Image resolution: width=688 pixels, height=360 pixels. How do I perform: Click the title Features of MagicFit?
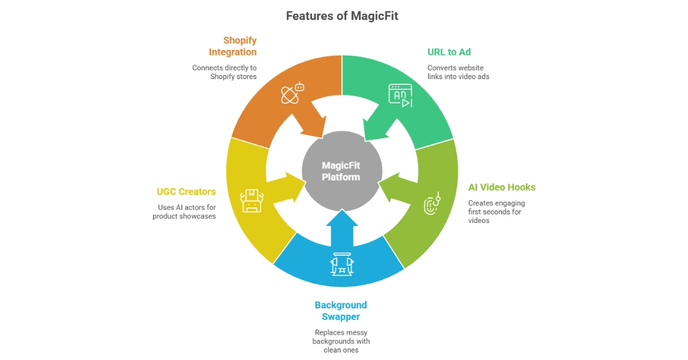coord(342,16)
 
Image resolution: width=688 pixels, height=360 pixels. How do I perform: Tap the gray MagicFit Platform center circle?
coord(341,171)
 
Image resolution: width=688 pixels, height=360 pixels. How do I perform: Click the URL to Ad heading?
coord(449,52)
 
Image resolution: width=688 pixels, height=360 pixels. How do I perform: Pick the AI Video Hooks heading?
coord(502,187)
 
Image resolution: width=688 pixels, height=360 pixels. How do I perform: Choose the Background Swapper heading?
coord(341,311)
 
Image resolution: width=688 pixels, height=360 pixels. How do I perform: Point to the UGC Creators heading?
coord(186,191)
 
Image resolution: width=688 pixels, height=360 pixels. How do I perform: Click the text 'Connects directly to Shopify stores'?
coord(224,72)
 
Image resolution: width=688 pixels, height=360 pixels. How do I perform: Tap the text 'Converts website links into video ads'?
coord(458,72)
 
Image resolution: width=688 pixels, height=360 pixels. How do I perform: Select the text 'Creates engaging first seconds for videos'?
coord(497,212)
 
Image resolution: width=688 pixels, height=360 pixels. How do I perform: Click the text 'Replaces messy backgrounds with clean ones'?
coord(341,341)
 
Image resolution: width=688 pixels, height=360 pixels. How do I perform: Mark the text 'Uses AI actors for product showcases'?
coord(184,212)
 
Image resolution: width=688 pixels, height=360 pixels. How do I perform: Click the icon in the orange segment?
coord(292,93)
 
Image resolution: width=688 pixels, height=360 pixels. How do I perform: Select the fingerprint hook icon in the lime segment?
coord(431,203)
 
